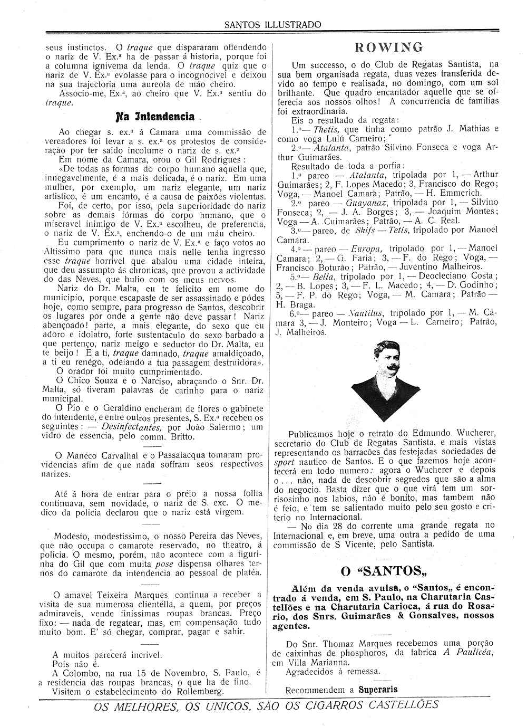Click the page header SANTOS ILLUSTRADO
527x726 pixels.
click(x=272, y=24)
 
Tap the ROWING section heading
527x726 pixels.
click(x=389, y=47)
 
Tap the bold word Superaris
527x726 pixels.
click(x=378, y=689)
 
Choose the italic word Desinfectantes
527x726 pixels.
click(x=132, y=427)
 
